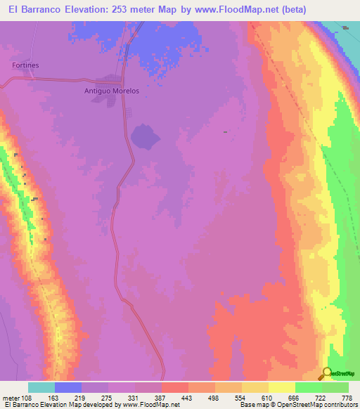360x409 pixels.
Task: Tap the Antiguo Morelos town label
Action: click(x=113, y=91)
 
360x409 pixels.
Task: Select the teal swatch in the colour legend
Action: click(x=41, y=387)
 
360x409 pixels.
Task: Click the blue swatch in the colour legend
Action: click(x=68, y=387)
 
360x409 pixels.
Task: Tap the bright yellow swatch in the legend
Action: click(x=281, y=387)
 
